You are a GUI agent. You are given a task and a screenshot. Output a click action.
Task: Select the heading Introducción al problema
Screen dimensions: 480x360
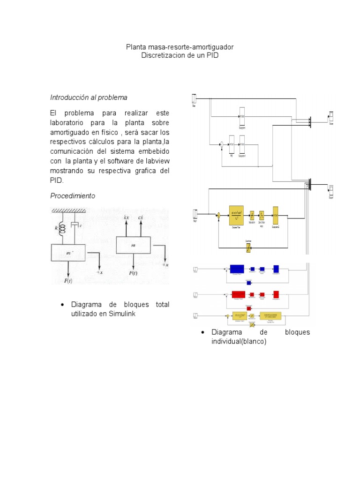(89, 97)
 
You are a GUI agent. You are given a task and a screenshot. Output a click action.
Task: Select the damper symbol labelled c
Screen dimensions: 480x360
(74, 226)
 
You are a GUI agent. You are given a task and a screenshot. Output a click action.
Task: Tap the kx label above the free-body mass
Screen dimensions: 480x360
(126, 218)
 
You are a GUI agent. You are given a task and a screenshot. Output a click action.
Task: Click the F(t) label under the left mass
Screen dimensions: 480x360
(68, 281)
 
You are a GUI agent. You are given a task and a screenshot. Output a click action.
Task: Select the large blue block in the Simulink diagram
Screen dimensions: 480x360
(237, 269)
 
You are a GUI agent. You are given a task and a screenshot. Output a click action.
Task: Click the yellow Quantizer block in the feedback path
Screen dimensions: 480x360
(249, 245)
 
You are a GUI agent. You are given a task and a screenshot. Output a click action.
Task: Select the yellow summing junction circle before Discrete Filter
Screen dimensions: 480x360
(218, 216)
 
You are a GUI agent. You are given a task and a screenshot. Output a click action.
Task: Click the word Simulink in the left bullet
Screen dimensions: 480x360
(121, 314)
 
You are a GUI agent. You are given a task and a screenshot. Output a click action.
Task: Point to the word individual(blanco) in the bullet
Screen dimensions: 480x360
(239, 342)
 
